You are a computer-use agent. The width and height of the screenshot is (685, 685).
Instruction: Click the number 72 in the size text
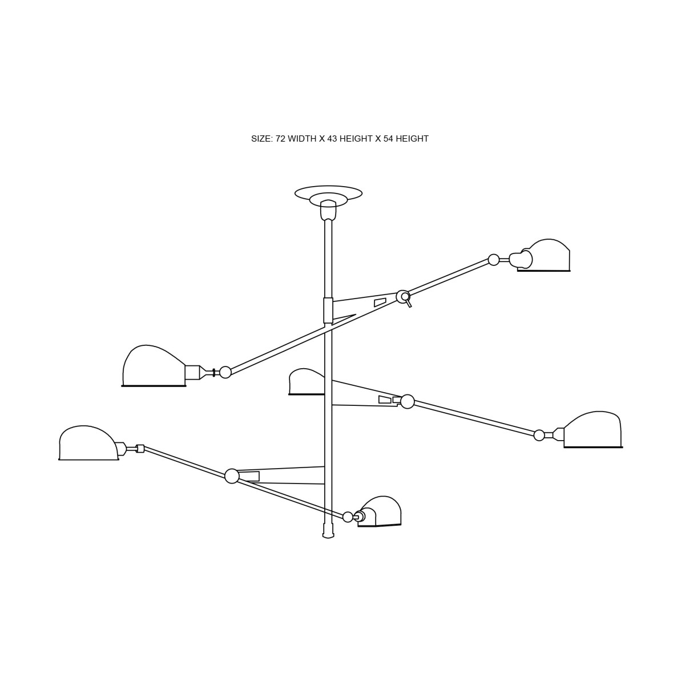(x=280, y=139)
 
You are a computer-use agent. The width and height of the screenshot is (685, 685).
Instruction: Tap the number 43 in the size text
(x=332, y=139)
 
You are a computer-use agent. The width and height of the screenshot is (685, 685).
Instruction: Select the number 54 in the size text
(x=388, y=139)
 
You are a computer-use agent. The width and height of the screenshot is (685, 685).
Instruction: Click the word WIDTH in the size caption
(x=302, y=139)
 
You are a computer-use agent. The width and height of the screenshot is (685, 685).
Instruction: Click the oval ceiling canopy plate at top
(x=328, y=193)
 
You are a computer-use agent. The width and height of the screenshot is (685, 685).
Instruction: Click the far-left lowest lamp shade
(x=88, y=443)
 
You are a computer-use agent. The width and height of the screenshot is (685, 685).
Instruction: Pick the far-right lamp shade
(x=593, y=430)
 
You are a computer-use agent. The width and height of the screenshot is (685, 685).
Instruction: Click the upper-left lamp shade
(x=154, y=365)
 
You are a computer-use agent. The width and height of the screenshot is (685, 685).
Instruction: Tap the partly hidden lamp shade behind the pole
(x=307, y=382)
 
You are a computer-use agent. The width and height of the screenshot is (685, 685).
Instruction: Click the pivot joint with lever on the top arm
(x=403, y=296)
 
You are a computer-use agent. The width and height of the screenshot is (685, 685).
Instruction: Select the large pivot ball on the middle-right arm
(x=408, y=402)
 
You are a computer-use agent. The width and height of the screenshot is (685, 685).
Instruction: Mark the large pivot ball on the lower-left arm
(x=232, y=476)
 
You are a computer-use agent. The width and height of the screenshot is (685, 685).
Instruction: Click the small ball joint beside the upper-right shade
(x=493, y=260)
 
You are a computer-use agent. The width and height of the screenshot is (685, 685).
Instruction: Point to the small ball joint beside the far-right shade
(x=539, y=436)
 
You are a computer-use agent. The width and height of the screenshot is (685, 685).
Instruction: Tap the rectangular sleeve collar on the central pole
(x=328, y=311)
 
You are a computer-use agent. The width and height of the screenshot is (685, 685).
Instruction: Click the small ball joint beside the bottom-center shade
(x=348, y=517)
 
